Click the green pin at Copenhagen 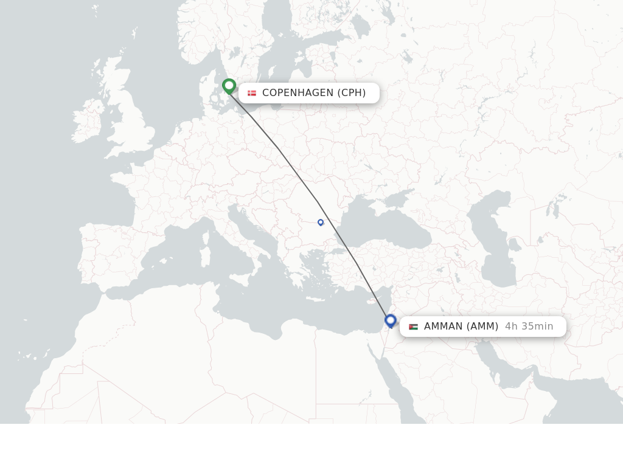click(x=229, y=86)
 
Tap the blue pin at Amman click(x=391, y=320)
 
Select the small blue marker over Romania click(x=321, y=223)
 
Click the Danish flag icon click(x=252, y=93)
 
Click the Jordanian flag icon click(x=414, y=327)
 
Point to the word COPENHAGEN click(x=298, y=93)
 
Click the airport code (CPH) click(x=352, y=93)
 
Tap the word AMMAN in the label click(x=443, y=327)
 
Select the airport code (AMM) click(x=482, y=327)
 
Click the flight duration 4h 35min click(x=529, y=327)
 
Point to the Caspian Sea click(x=499, y=249)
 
